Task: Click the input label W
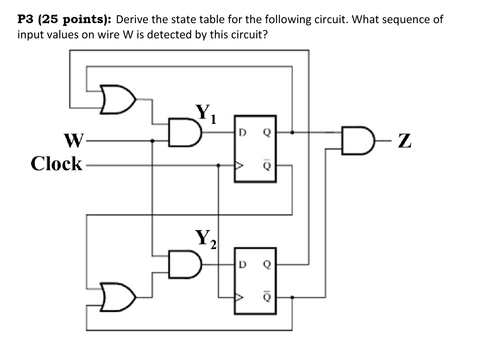pos(74,140)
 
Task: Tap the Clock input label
pos(57,163)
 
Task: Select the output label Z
pos(404,141)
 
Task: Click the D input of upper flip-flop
pos(243,132)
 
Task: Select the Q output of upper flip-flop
pos(267,132)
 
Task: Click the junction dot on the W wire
pos(152,141)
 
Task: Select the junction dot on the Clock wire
pos(218,165)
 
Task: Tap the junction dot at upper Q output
pos(292,132)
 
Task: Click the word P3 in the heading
pos(25,19)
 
